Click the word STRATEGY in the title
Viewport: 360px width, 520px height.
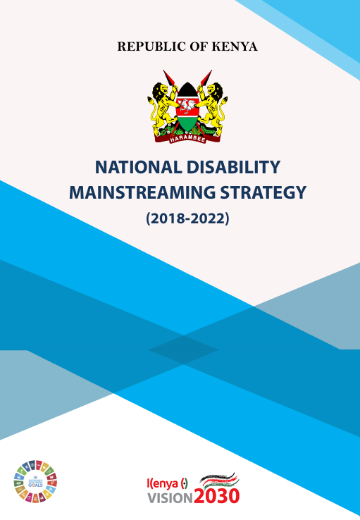pos(269,192)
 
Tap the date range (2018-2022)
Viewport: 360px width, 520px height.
pos(187,219)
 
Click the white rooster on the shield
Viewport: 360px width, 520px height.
pos(187,107)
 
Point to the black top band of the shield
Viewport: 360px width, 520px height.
pos(187,90)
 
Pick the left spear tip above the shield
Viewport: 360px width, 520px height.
pos(167,75)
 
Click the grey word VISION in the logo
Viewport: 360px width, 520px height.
pos(168,497)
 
